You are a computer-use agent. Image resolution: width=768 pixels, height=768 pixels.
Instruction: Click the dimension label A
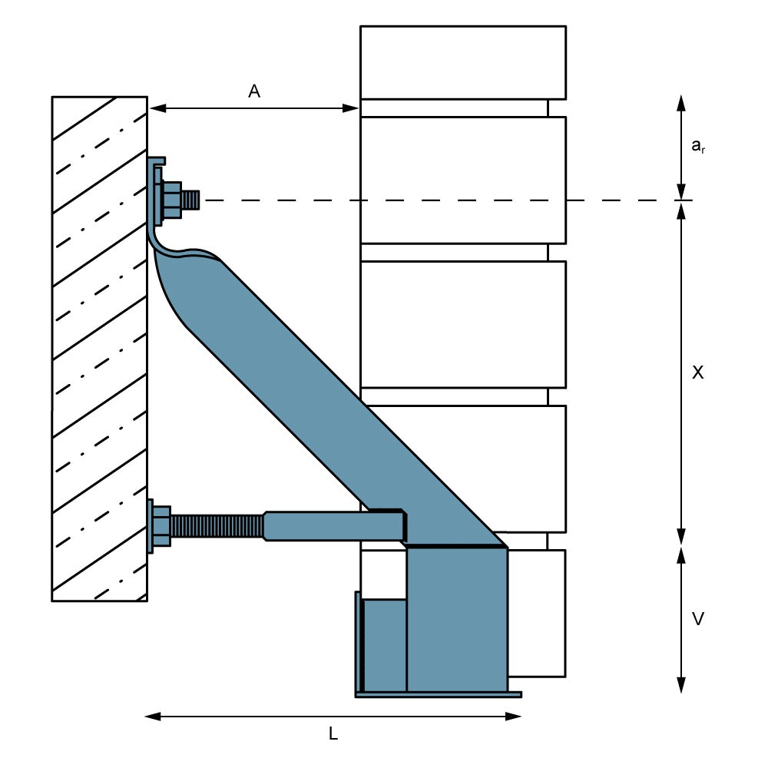[x=254, y=91]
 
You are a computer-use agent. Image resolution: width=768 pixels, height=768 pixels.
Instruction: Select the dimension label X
[x=697, y=372]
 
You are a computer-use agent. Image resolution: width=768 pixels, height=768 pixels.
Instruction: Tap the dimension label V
[x=697, y=618]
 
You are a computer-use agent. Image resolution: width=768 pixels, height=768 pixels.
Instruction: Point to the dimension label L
[x=333, y=733]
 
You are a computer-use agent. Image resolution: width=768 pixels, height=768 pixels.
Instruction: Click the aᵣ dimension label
[x=697, y=146]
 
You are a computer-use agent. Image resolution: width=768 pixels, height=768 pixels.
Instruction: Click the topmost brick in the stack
[x=463, y=62]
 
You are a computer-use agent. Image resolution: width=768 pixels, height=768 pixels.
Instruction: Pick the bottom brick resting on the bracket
[x=536, y=612]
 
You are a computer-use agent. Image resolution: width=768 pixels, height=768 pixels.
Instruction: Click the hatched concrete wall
[x=99, y=346]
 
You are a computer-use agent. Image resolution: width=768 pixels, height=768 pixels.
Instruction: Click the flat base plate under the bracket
[x=438, y=694]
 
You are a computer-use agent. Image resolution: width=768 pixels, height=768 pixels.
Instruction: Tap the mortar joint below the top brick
[x=455, y=108]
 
